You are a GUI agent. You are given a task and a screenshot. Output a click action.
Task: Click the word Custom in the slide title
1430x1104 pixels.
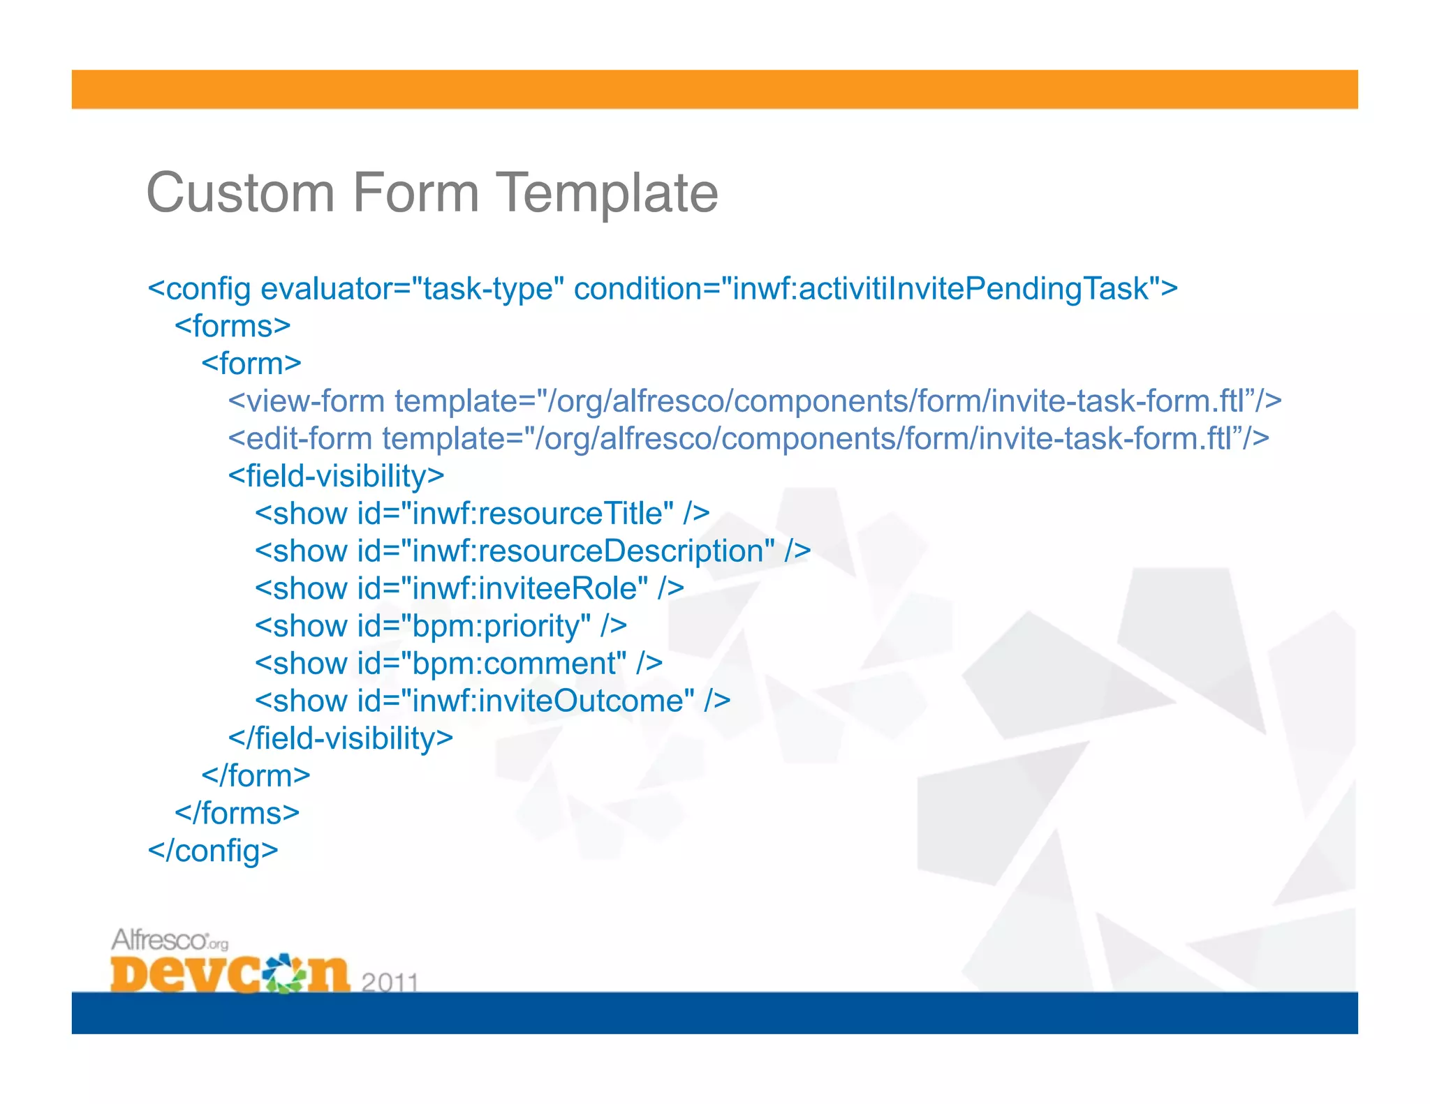(x=240, y=193)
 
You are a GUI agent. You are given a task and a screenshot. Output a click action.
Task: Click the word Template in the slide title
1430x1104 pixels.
(x=606, y=194)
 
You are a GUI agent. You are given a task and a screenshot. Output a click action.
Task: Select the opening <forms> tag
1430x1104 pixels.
(x=233, y=326)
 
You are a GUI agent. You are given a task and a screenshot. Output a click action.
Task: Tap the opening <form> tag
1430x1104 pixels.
(x=251, y=364)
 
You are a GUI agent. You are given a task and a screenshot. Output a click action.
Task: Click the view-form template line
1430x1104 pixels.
(x=754, y=401)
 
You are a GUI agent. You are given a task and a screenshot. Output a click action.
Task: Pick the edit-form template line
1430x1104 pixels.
(x=748, y=439)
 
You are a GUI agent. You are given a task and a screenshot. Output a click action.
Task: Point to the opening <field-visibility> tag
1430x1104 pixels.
(x=336, y=477)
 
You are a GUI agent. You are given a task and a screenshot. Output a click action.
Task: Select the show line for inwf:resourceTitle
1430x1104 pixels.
(x=482, y=514)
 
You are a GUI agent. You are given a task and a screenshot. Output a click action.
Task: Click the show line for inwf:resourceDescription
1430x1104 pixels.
(x=532, y=551)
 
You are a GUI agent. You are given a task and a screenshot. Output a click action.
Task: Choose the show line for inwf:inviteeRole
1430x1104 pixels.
(x=469, y=589)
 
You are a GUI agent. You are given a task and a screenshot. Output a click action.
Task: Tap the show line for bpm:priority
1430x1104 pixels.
(x=441, y=626)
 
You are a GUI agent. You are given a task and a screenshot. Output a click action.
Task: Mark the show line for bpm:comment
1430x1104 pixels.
(x=458, y=664)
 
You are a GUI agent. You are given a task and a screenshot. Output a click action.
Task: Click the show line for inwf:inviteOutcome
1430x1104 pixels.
(x=492, y=701)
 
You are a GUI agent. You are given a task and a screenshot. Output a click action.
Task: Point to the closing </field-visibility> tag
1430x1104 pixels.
(x=341, y=738)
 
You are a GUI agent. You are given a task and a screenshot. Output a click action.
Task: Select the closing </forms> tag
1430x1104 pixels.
(x=237, y=814)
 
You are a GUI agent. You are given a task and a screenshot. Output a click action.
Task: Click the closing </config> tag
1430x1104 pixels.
(x=213, y=851)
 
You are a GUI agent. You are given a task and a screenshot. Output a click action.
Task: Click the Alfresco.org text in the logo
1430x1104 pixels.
(x=170, y=940)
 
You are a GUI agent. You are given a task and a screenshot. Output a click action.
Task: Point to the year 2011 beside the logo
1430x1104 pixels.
(x=390, y=982)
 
